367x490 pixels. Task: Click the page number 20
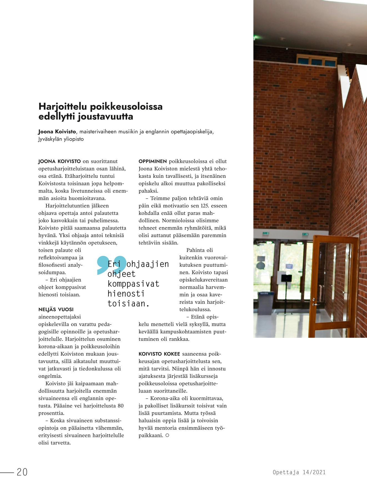tap(22, 472)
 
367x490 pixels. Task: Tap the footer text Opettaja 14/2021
tap(299, 472)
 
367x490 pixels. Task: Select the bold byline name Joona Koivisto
tap(57, 132)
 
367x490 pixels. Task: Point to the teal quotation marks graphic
tap(111, 264)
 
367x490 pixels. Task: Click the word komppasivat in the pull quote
tap(133, 284)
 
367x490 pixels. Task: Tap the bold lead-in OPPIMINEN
tap(153, 161)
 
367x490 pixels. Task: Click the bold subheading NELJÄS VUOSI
tap(56, 309)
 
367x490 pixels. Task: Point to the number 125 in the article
tap(205, 206)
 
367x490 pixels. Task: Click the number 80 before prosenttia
tap(120, 406)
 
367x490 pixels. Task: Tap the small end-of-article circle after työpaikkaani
tap(167, 436)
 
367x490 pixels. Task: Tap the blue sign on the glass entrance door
tap(289, 266)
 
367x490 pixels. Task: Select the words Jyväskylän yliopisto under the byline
tap(61, 139)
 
